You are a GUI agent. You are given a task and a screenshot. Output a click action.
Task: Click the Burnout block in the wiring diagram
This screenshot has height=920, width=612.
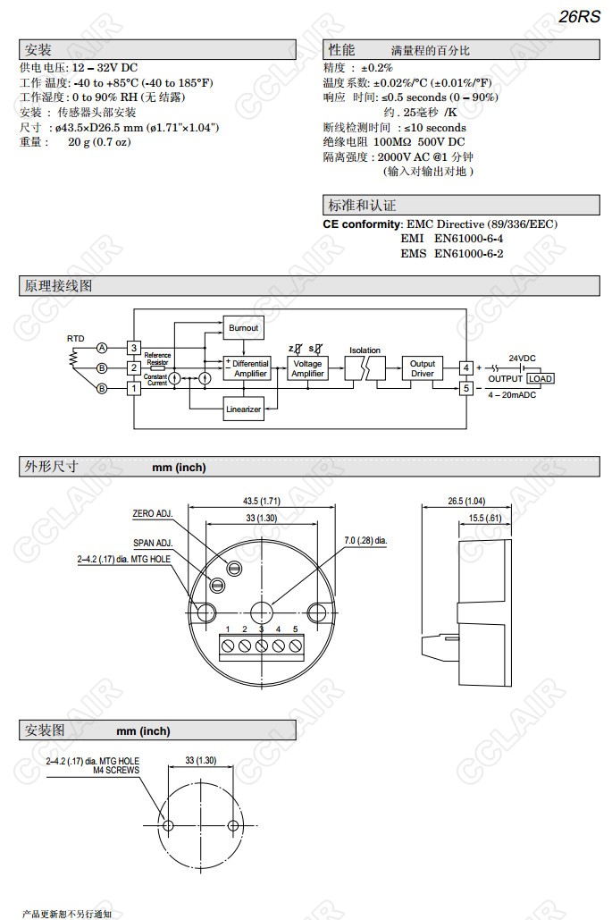click(x=244, y=328)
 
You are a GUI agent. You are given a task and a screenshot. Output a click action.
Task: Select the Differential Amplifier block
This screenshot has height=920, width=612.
click(x=247, y=368)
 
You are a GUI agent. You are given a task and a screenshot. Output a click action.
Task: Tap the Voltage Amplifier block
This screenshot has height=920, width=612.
click(x=307, y=368)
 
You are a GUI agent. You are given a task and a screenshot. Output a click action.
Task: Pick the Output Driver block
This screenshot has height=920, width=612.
click(x=423, y=368)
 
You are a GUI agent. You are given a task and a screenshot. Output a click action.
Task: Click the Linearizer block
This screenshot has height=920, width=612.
click(x=243, y=409)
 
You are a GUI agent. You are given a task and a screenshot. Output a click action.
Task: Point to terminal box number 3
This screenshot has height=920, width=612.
click(x=134, y=347)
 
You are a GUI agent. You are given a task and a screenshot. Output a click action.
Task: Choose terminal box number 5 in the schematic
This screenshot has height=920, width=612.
click(x=465, y=388)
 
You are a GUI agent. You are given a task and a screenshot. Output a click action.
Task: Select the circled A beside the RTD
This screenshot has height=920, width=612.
click(x=103, y=347)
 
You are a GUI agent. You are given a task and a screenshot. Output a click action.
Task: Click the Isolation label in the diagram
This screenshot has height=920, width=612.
click(x=365, y=350)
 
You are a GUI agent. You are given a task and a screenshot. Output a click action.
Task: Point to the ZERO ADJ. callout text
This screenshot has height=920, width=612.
click(x=152, y=514)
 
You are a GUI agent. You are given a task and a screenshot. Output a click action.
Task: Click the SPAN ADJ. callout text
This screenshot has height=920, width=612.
click(x=153, y=543)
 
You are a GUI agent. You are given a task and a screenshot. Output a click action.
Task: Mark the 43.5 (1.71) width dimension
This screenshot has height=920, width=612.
click(x=262, y=501)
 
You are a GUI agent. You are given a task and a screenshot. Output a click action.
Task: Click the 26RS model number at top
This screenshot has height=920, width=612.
click(x=580, y=17)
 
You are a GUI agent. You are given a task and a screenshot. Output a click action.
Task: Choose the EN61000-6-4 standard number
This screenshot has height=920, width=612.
click(x=469, y=239)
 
